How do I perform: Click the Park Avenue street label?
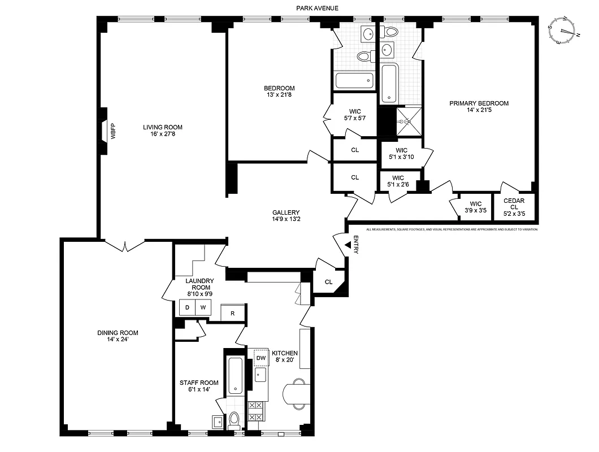316,8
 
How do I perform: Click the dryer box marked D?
187,307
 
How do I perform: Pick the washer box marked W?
203,307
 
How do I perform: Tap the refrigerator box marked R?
232,312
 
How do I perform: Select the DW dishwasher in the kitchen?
261,357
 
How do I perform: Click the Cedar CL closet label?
514,207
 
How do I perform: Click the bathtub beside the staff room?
235,376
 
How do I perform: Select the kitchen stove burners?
255,411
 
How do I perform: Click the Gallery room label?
285,212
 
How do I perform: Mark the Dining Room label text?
118,333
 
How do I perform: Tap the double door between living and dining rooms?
124,246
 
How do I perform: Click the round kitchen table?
295,393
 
